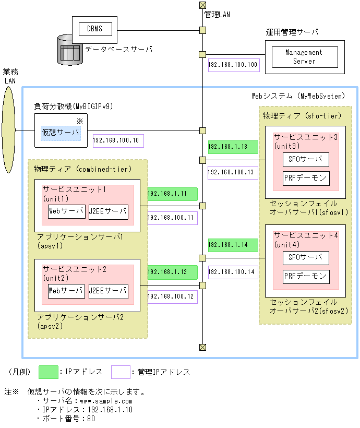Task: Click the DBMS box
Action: [x=94, y=29]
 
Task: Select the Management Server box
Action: [x=304, y=56]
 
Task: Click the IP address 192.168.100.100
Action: [x=233, y=65]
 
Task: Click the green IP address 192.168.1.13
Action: [x=233, y=147]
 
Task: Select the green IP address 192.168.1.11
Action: [x=172, y=194]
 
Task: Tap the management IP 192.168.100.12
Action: [x=172, y=296]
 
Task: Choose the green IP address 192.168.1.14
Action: [x=233, y=245]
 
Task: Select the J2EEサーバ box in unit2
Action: [x=108, y=291]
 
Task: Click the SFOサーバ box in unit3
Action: [x=306, y=159]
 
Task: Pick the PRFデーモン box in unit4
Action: [x=306, y=276]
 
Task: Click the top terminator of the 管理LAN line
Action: [x=202, y=6]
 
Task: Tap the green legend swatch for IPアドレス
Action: [x=49, y=372]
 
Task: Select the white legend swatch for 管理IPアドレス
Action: [x=121, y=372]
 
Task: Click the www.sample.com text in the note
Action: [x=103, y=401]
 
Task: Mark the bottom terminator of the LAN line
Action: [x=202, y=347]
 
